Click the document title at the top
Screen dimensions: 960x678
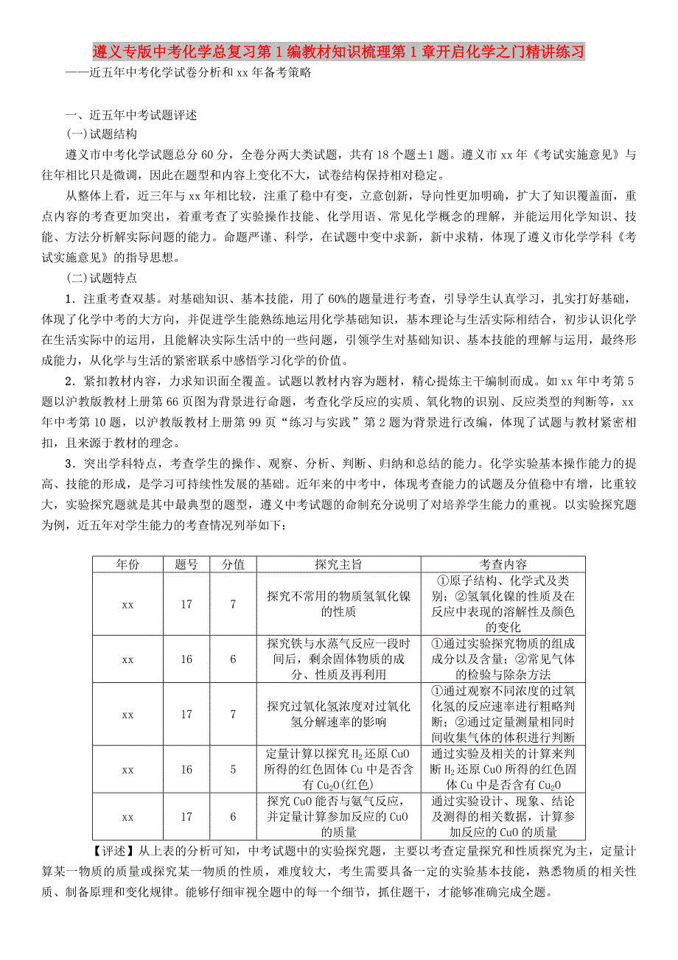coord(339,52)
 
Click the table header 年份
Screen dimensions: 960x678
coord(127,564)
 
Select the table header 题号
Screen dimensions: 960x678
coord(186,564)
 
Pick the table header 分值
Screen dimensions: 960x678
coord(233,564)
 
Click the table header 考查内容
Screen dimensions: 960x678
coord(503,564)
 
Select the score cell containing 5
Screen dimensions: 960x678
coord(233,769)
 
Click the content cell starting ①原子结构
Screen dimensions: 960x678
coord(503,604)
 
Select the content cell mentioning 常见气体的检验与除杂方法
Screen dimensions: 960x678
coord(503,659)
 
